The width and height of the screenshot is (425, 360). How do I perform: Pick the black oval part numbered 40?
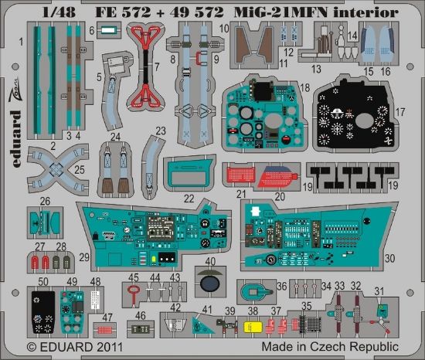[209, 284]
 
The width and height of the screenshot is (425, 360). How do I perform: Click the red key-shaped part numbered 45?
[134, 292]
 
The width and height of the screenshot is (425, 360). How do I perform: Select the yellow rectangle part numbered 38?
[251, 326]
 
